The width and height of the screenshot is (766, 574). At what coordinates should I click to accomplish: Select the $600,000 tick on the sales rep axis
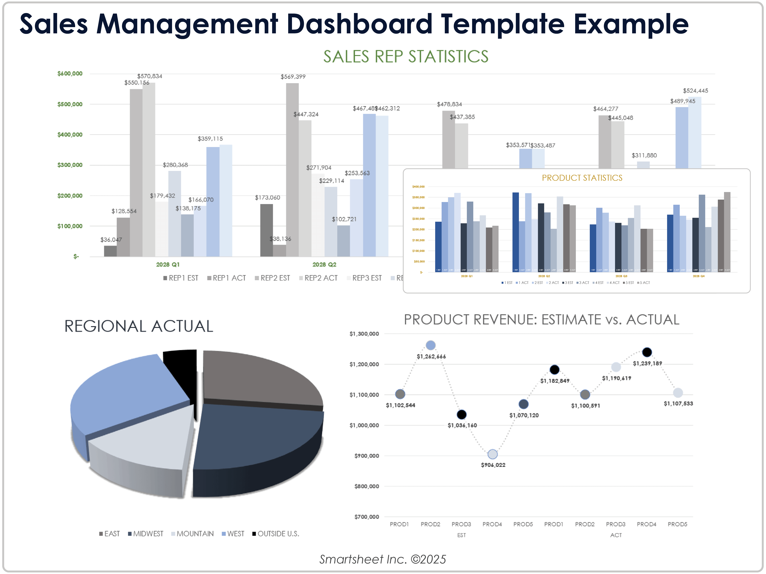(x=70, y=73)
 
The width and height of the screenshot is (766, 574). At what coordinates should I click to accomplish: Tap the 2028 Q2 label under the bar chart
(x=324, y=264)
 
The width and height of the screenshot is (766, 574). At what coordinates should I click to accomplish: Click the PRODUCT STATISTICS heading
(x=582, y=178)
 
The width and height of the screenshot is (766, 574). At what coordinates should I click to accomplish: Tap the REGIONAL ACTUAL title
(x=138, y=326)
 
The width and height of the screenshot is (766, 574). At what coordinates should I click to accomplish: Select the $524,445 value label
(x=695, y=91)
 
